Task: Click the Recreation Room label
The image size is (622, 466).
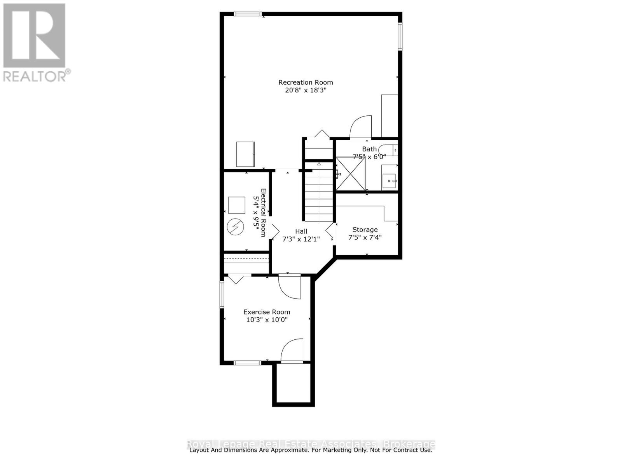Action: pyautogui.click(x=306, y=82)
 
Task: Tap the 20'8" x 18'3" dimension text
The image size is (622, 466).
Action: pyautogui.click(x=306, y=90)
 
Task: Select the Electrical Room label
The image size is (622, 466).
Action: pyautogui.click(x=263, y=212)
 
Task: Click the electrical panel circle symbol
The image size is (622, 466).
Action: pyautogui.click(x=236, y=227)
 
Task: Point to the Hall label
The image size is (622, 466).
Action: pyautogui.click(x=301, y=231)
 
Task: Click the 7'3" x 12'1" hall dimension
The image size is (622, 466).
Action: pyautogui.click(x=301, y=239)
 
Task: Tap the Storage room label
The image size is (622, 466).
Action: pyautogui.click(x=365, y=230)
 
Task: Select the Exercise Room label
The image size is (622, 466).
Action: pyautogui.click(x=267, y=312)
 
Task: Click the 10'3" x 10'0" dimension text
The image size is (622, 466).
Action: pyautogui.click(x=267, y=320)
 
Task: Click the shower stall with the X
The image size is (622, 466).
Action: pyautogui.click(x=351, y=174)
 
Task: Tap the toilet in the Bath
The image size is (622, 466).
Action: pyautogui.click(x=388, y=150)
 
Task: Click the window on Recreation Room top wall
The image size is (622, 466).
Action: pyautogui.click(x=248, y=14)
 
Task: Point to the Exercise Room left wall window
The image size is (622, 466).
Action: pyautogui.click(x=222, y=295)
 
